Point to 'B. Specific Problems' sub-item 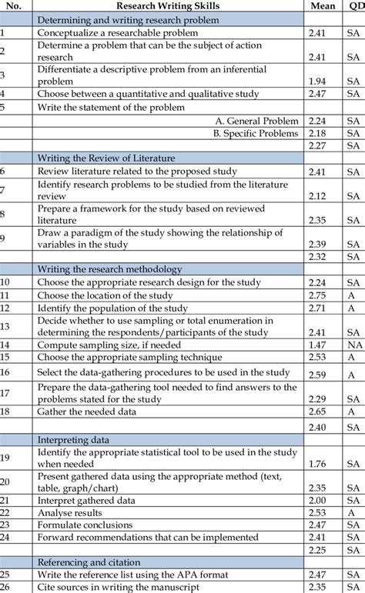tap(256, 132)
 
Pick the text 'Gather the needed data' tap(87, 411)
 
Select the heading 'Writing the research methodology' tap(109, 269)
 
